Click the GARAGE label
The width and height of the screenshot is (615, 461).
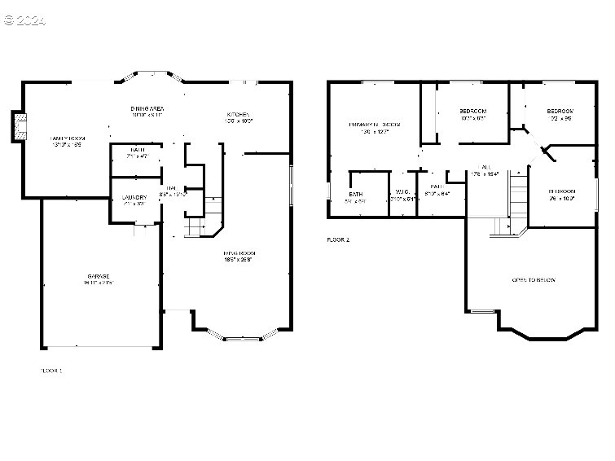click(x=99, y=276)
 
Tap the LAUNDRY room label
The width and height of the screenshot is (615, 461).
click(x=134, y=198)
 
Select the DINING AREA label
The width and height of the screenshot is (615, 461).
click(x=148, y=108)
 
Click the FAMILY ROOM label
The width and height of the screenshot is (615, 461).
click(x=67, y=139)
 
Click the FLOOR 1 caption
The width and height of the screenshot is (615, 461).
click(x=51, y=371)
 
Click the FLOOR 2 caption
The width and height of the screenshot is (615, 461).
click(x=337, y=240)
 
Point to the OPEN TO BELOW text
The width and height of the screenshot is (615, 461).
click(x=533, y=280)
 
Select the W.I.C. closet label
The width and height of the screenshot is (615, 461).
click(x=402, y=194)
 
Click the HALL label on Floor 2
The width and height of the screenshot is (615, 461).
click(x=486, y=167)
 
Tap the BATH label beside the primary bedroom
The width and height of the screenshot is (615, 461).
click(x=357, y=195)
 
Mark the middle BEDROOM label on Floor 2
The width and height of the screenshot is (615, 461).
click(x=472, y=112)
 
